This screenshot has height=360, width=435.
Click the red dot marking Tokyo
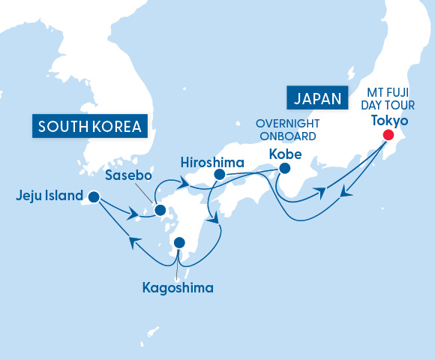(388, 135)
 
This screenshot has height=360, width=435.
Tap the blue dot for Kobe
(284, 169)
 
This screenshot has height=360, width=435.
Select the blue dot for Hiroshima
(219, 175)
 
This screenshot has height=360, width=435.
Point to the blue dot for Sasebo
(160, 211)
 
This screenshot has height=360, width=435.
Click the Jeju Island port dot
(93, 197)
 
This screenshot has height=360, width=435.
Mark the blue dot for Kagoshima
(179, 242)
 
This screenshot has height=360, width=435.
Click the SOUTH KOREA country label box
(89, 126)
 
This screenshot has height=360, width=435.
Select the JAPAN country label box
(317, 97)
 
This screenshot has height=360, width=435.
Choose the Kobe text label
(285, 154)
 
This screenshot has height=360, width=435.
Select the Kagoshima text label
(178, 287)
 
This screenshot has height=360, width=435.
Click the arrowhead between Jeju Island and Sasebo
(133, 215)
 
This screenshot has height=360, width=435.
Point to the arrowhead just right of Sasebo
(181, 182)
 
